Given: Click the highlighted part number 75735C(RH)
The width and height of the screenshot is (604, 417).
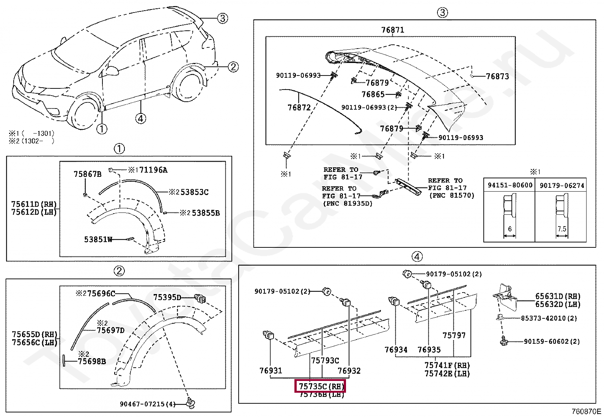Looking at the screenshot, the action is [321, 386].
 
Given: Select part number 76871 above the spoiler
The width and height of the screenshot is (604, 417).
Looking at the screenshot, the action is [392, 30].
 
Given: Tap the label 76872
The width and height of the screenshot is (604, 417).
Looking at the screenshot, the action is [299, 107].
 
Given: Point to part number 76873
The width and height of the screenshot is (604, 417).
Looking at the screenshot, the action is [497, 76].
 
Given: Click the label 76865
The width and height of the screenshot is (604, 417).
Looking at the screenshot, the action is [373, 94].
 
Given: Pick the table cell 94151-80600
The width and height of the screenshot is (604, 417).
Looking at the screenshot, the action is [510, 185].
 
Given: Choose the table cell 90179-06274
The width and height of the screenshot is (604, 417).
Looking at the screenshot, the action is [562, 185].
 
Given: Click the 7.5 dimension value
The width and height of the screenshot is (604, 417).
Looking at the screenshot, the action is [562, 229].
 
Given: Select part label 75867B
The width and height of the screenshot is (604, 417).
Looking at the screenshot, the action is [87, 174].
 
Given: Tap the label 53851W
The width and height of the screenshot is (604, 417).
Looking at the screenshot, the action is [98, 239].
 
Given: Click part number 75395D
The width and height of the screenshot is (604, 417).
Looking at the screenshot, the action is [167, 297].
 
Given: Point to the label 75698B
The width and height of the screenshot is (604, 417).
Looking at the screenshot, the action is [92, 361].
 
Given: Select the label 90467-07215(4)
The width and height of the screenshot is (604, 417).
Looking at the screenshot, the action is [148, 404].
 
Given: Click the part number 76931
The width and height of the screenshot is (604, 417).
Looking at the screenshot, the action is [271, 370].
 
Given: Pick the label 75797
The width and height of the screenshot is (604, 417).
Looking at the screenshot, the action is [454, 335].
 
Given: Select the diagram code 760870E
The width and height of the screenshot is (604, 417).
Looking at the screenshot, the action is [587, 411].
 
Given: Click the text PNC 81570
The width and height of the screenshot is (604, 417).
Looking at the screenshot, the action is [451, 195].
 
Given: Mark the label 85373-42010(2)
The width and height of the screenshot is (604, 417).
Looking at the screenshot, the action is [549, 318].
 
